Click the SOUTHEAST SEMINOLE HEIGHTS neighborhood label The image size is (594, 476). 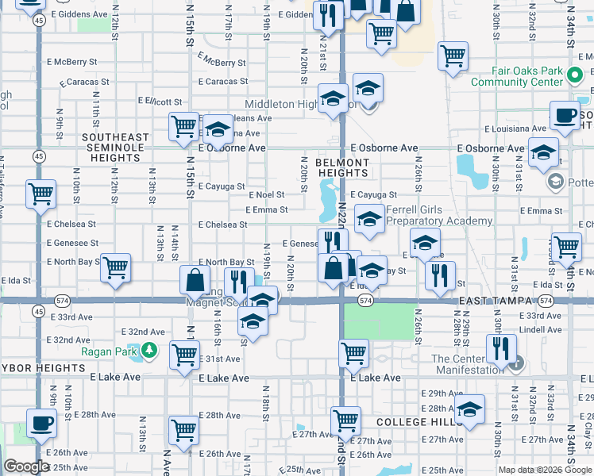pos(115,148)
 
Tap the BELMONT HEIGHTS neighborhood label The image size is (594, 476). pos(343,167)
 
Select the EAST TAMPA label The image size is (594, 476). pos(496,302)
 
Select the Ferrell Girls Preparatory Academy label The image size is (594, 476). pos(438,216)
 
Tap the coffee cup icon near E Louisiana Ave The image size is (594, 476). pos(565,117)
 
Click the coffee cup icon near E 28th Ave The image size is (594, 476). pos(41,424)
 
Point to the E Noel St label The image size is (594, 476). pos(267,194)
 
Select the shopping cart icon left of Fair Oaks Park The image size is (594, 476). pos(453,57)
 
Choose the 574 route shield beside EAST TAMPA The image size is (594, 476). pos(545,301)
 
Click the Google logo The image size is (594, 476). pos(26,467)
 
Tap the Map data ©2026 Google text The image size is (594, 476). pos(545,470)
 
